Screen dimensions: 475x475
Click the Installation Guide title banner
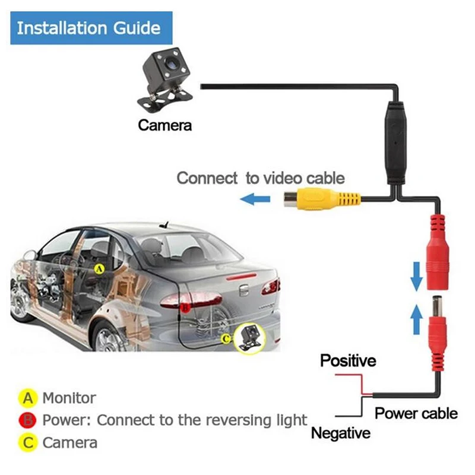click(x=88, y=28)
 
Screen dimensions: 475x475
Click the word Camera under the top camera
click(x=165, y=125)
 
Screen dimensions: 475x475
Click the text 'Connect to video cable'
click(x=261, y=178)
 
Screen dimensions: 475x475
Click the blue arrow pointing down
click(x=417, y=273)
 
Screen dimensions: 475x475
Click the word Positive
click(x=348, y=360)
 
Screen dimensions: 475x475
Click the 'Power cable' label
click(x=416, y=413)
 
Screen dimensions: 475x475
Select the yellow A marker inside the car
click(x=100, y=268)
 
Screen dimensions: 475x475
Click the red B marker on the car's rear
click(x=185, y=307)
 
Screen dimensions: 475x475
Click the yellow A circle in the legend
click(x=27, y=397)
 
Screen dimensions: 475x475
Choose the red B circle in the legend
click(x=27, y=420)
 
